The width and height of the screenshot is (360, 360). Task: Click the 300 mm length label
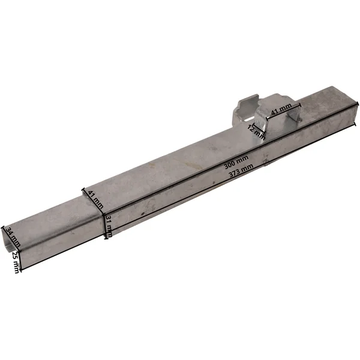coord(236,162)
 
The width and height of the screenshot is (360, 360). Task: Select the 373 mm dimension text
coord(241,170)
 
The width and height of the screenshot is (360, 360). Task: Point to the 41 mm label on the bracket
coord(281,109)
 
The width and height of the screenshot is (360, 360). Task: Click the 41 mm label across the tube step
coord(96,199)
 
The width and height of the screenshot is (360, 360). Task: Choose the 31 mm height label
coord(109,226)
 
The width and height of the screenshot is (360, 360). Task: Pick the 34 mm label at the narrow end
coord(13,237)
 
